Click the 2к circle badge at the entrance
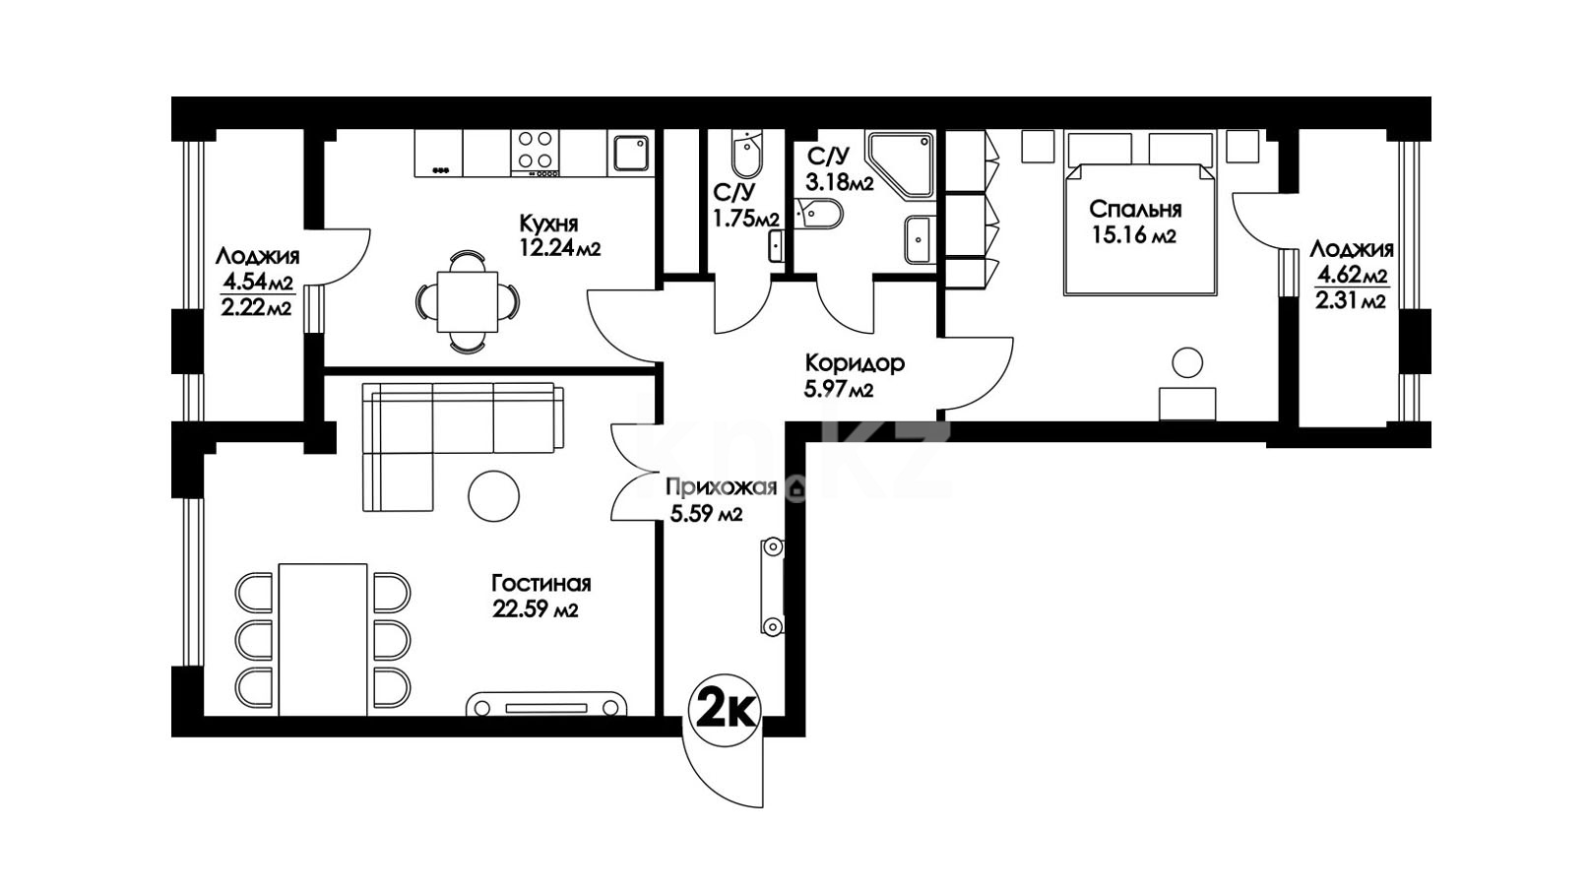(x=725, y=710)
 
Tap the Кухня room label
(x=548, y=223)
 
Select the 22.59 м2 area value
(x=535, y=608)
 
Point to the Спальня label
(x=1135, y=210)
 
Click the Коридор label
(x=855, y=363)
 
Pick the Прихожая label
(x=722, y=487)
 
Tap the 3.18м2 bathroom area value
(x=839, y=182)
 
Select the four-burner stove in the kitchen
(x=535, y=154)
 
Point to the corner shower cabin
(x=901, y=164)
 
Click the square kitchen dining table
(x=468, y=301)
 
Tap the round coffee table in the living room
(x=493, y=496)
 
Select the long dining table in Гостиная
(x=324, y=640)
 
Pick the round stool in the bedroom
(x=1187, y=362)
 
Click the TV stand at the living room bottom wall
(x=546, y=705)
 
